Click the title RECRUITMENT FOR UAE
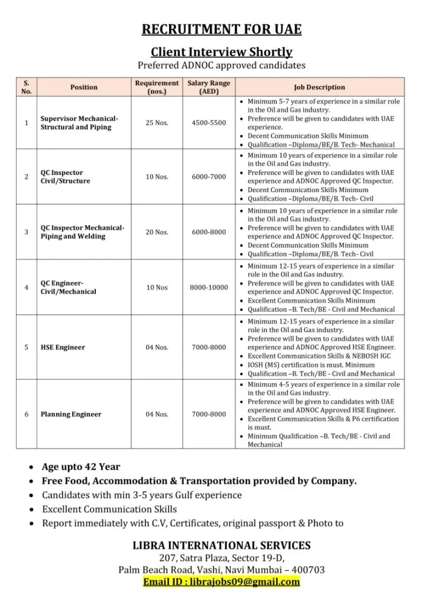pos(221,30)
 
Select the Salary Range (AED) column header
pos(209,87)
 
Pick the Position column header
pos(84,87)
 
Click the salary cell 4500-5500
pos(209,123)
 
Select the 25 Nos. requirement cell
pos(157,123)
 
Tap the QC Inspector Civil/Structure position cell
pos(66,177)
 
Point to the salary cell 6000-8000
pos(209,232)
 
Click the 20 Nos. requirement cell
pos(157,232)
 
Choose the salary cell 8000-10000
pos(209,288)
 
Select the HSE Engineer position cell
pos(63,347)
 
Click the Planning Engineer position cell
pos(71,414)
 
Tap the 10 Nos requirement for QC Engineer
pos(157,288)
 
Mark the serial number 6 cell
pos(26,414)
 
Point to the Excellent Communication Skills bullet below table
pos(109,509)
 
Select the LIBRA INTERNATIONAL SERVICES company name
pos(221,545)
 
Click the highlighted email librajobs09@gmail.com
pos(221,582)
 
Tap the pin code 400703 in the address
pos(307,570)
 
